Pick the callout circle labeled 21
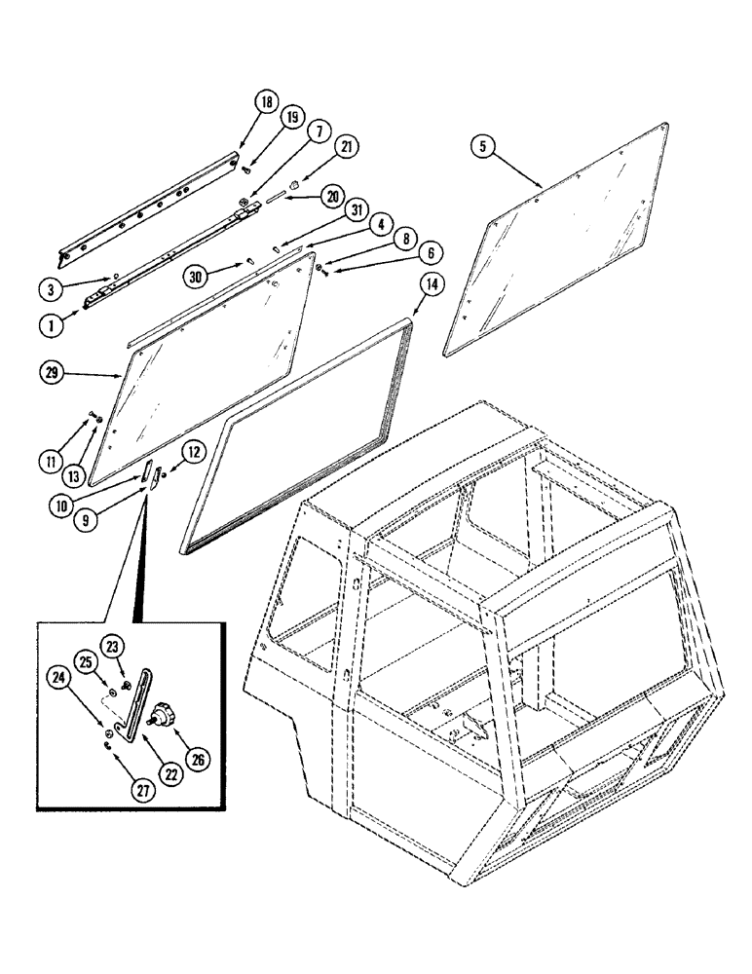coord(348,147)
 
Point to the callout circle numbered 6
coord(428,252)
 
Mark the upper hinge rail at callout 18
coord(146,204)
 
